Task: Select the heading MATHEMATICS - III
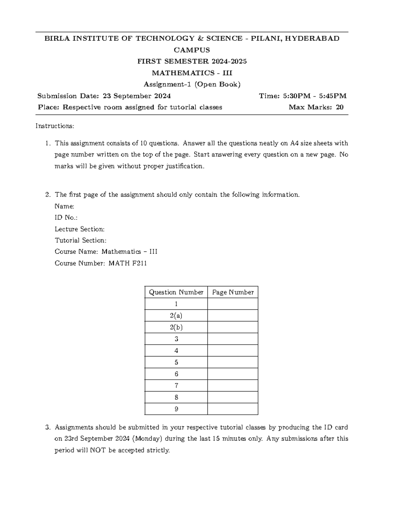click(x=192, y=73)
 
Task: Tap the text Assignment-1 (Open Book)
click(x=192, y=84)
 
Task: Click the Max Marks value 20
click(x=339, y=107)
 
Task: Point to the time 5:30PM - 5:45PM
click(x=315, y=96)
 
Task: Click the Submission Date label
click(x=68, y=96)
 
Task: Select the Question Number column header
click(x=176, y=292)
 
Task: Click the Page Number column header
click(x=233, y=292)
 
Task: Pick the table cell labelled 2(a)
click(x=176, y=316)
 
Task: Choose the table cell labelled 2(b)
click(x=176, y=327)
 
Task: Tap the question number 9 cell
click(x=176, y=409)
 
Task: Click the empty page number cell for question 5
click(x=233, y=362)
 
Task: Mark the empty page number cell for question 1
click(x=233, y=304)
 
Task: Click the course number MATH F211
click(x=128, y=263)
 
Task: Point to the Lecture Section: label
click(x=79, y=229)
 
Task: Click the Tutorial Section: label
click(x=80, y=241)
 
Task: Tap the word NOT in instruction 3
click(x=98, y=450)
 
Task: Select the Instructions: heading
click(x=55, y=126)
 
